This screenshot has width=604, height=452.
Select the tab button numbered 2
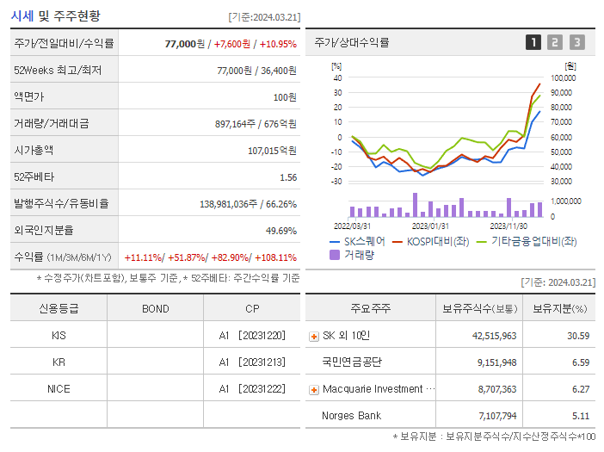(555, 42)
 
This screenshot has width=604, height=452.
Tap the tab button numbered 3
(577, 42)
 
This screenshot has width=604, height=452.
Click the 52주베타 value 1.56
(288, 177)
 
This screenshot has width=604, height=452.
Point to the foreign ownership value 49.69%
(281, 231)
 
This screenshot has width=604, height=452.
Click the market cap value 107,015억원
(273, 151)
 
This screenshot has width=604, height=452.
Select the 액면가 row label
(29, 96)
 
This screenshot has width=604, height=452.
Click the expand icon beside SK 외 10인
(314, 337)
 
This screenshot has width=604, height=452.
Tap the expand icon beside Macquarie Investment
(314, 390)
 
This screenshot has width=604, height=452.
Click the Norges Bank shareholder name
(351, 415)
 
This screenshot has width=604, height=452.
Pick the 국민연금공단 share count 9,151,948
(497, 362)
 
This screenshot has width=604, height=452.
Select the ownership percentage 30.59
(578, 336)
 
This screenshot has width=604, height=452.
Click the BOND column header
(155, 309)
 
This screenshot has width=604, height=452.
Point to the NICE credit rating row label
(59, 389)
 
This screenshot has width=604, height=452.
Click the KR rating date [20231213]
(262, 362)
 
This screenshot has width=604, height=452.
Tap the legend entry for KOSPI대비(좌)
(431, 242)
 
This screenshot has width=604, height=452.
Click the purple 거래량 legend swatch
(335, 255)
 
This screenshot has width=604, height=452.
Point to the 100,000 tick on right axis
(564, 77)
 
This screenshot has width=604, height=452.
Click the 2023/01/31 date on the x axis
(430, 226)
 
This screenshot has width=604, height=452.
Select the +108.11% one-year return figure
(276, 257)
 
